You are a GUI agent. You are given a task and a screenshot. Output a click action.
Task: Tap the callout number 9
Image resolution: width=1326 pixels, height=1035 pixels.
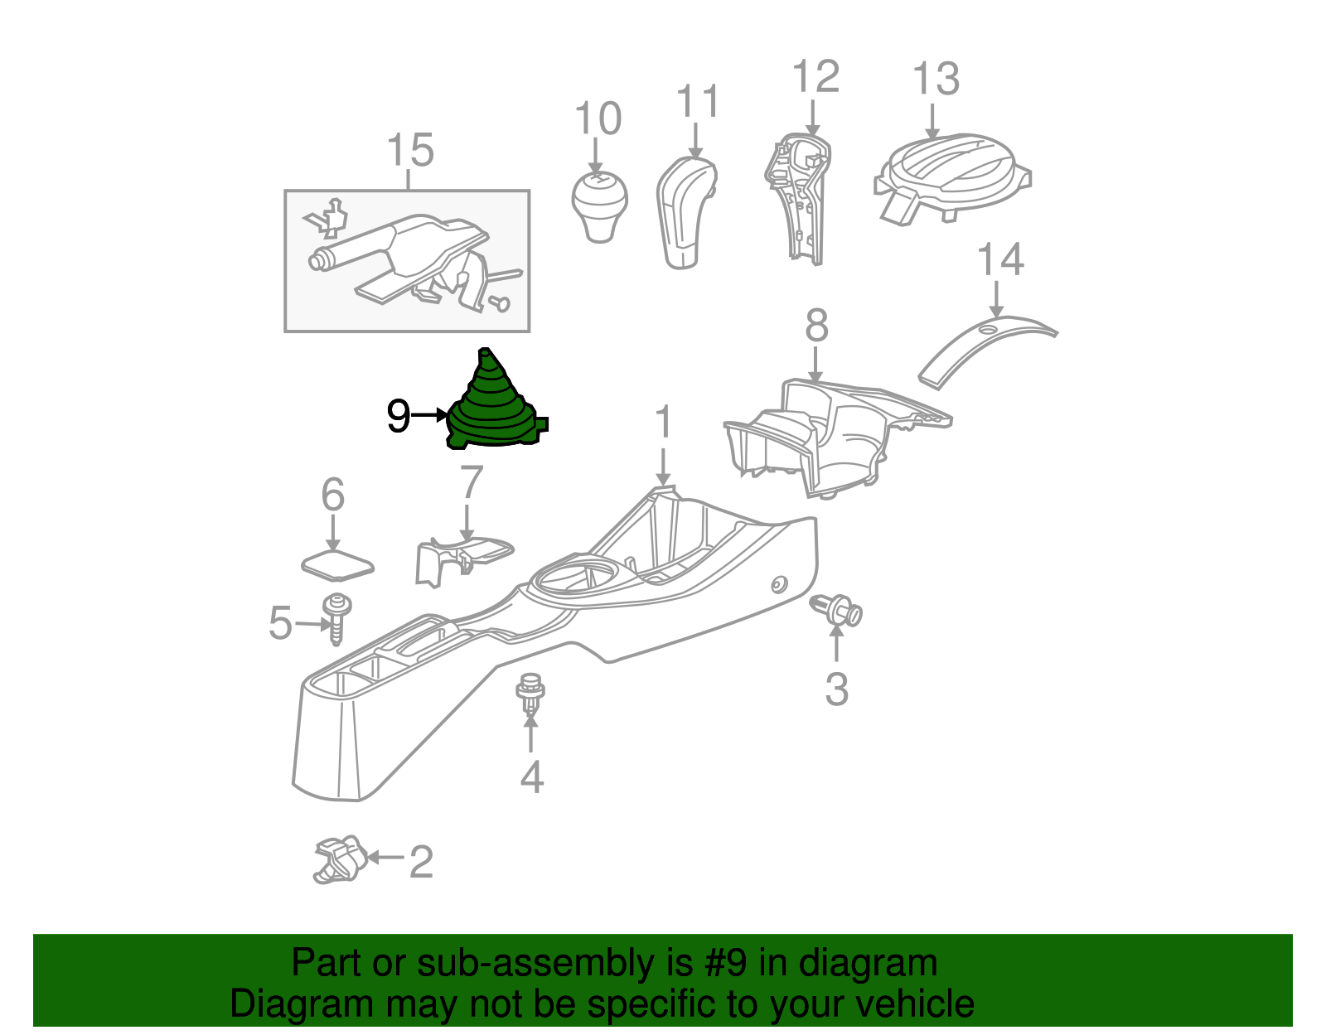pos(398,416)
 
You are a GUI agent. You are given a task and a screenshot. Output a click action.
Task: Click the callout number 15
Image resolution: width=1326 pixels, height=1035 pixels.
pos(410,151)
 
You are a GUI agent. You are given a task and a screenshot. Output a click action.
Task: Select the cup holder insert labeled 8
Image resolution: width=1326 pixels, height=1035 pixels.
pos(829,435)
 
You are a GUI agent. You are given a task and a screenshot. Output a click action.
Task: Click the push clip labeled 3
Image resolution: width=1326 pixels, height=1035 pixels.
pos(837,611)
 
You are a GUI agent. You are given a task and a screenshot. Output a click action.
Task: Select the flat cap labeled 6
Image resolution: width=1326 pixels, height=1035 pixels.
pos(336,566)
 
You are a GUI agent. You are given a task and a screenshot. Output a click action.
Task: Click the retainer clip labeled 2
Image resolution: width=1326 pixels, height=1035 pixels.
pos(340,859)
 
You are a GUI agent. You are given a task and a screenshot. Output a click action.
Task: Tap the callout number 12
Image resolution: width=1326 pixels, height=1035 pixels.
pos(815,76)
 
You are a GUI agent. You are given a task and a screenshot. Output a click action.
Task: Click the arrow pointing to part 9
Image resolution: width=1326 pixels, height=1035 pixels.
pos(429,415)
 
